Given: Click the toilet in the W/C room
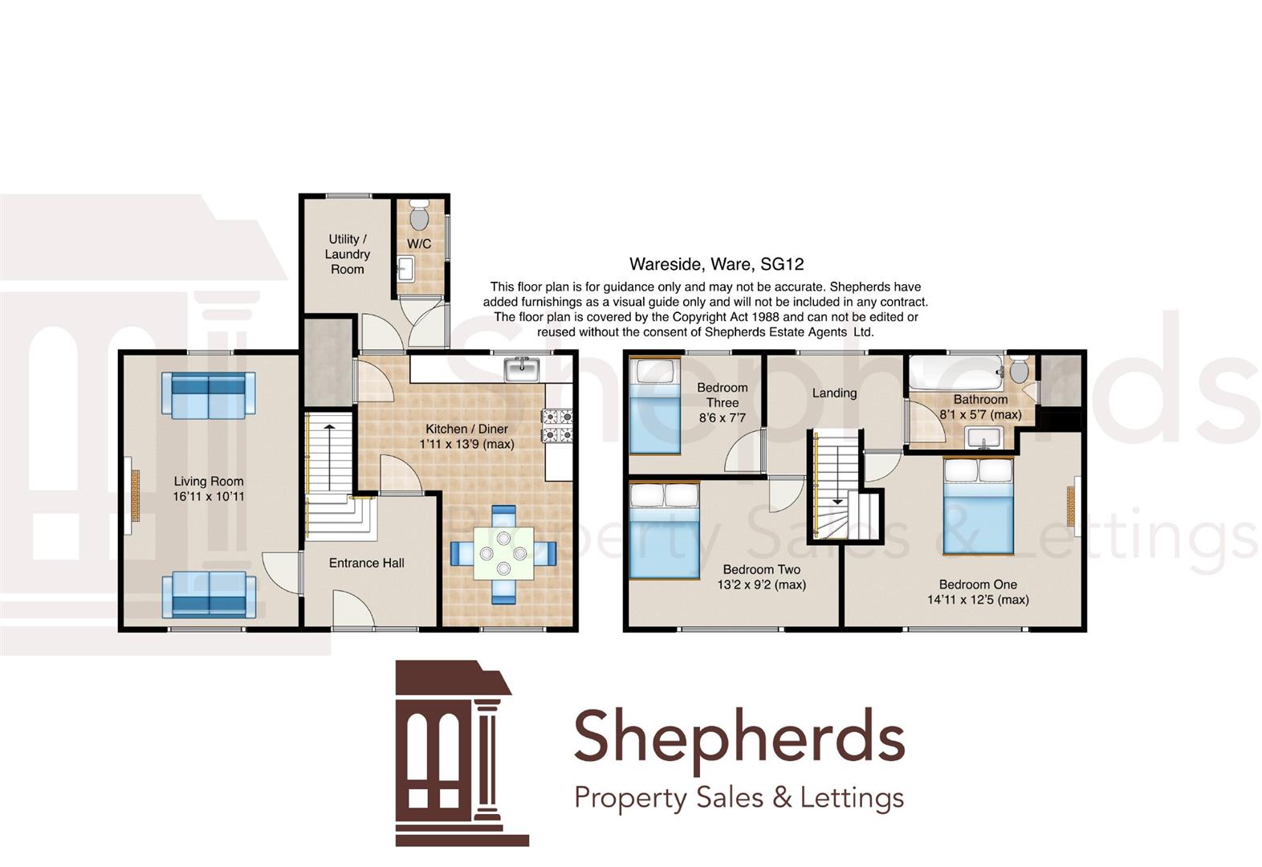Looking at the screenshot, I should [x=419, y=216].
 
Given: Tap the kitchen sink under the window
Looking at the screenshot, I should [x=522, y=370].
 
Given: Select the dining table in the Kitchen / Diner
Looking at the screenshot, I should [x=503, y=553].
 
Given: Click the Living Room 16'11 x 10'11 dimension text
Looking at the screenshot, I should [x=209, y=497].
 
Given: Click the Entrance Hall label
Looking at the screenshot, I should [x=366, y=564].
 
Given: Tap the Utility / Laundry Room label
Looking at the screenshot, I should [x=348, y=254].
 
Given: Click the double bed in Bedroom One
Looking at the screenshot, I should [x=977, y=506].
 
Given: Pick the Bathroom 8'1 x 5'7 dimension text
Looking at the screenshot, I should [x=980, y=415].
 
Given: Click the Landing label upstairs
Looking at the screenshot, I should [x=834, y=393].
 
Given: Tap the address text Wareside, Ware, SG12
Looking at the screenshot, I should [x=716, y=264].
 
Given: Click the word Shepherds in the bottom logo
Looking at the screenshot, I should [x=739, y=736].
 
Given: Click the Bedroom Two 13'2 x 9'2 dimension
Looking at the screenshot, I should [x=761, y=585].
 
